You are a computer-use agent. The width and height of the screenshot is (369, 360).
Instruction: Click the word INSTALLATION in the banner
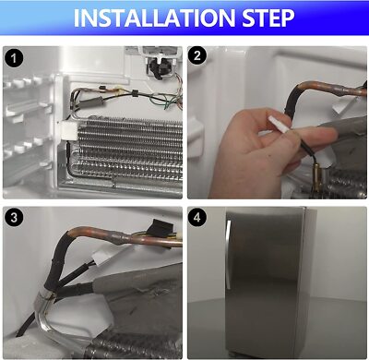coord(155,18)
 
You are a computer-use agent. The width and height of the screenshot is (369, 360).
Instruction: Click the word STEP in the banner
coord(268,18)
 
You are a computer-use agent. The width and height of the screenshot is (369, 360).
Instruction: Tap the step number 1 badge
coord(14,58)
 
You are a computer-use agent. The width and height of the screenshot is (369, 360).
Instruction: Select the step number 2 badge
coord(197,55)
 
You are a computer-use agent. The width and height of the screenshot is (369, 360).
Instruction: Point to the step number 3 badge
coord(14,218)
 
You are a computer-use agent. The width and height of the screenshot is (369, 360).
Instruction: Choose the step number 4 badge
coord(197,217)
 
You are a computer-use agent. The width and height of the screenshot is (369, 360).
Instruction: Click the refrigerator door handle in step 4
coord(228,255)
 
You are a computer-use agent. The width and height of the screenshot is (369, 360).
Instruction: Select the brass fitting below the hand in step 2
coord(317,176)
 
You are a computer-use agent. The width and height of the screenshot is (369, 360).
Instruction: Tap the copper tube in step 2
coord(332,87)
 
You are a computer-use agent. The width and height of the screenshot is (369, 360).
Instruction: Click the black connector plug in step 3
coord(159,228)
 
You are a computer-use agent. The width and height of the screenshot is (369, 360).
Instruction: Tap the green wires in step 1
coord(168,102)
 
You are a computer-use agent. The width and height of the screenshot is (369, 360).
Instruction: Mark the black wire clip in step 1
coord(135,93)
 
